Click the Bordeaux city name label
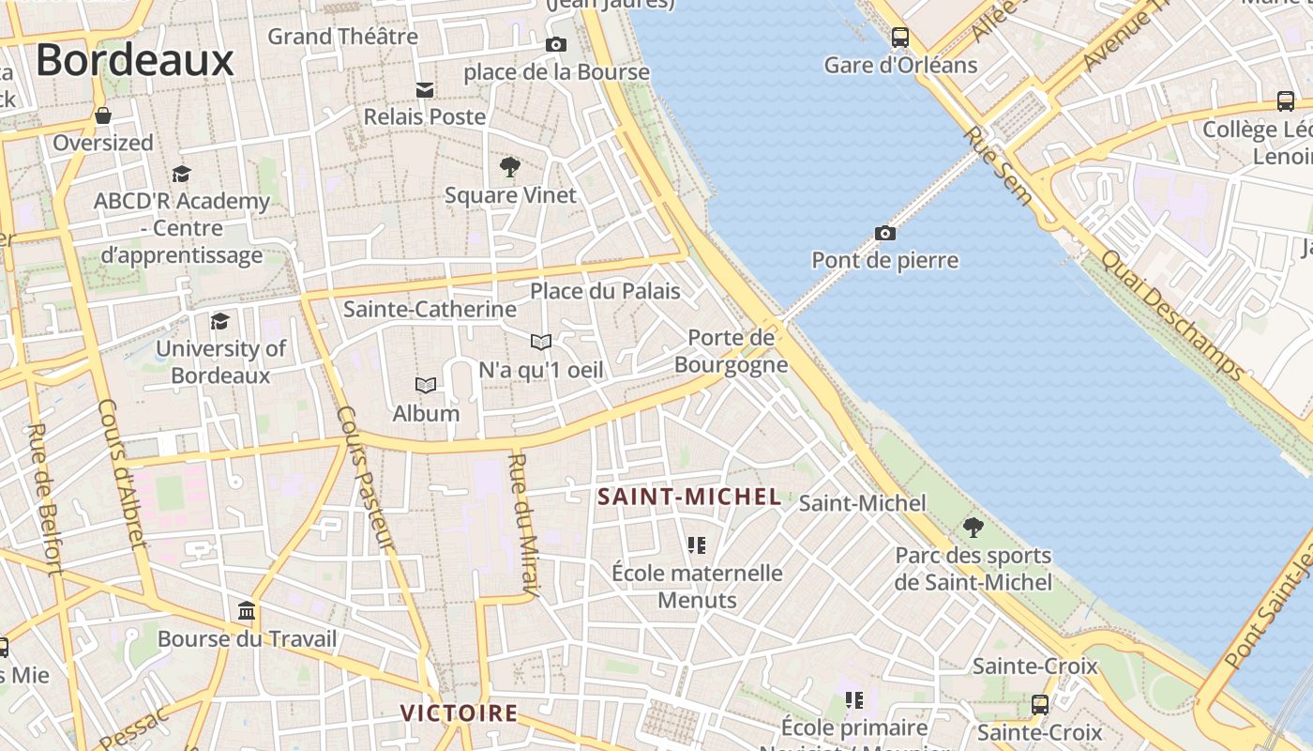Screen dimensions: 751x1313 pos(134,60)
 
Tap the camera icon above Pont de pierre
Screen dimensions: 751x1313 pos(884,233)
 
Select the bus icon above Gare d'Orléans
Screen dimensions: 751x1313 pos(900,38)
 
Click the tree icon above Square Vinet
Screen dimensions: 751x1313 pos(510,168)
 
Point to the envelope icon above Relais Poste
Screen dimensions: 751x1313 pos(425,89)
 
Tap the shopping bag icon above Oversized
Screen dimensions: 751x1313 pos(103,115)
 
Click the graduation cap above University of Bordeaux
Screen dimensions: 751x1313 pos(219,321)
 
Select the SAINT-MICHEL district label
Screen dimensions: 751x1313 pos(689,498)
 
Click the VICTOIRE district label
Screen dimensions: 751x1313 pos(459,713)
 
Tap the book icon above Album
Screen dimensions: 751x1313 pos(426,385)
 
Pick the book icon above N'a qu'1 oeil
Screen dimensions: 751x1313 pos(541,342)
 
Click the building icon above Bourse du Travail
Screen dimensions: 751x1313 pos(247,612)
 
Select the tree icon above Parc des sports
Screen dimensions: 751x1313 pos(973,527)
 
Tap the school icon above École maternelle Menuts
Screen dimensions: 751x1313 pos(696,544)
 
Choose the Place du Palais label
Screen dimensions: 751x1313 pos(605,291)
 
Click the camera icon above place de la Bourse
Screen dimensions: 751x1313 pos(556,44)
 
